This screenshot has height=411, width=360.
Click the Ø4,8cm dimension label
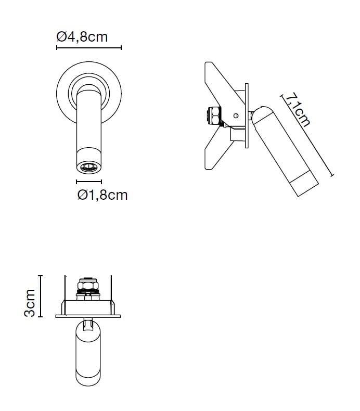[x=82, y=37]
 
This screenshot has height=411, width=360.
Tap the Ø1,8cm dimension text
[x=101, y=195]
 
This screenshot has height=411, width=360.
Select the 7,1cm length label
[x=298, y=110]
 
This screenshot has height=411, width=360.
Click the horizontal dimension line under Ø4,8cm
[x=88, y=48]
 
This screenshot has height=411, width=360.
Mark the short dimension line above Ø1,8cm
[x=88, y=182]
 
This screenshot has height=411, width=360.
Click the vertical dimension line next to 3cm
[x=41, y=296]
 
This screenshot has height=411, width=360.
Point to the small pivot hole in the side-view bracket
[x=236, y=116]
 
